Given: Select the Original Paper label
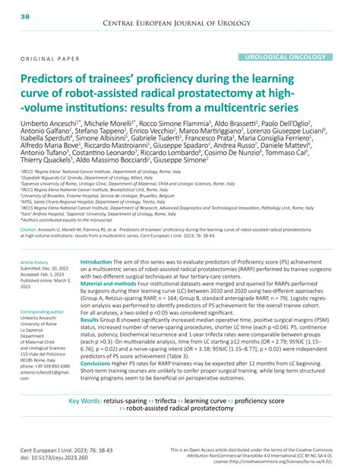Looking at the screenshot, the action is pyautogui.click(x=48, y=58).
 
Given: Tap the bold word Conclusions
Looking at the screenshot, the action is pyautogui.click(x=99, y=363).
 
